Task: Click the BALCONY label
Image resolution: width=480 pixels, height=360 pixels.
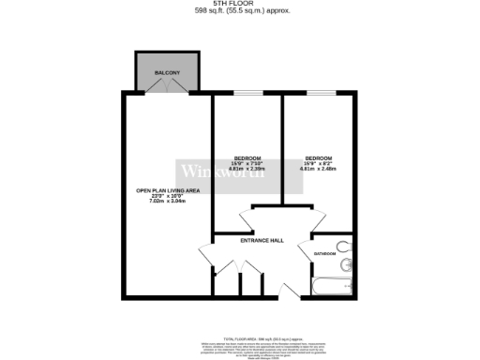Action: click(x=167, y=72)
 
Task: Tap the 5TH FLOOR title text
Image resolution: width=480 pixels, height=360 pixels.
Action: click(x=239, y=4)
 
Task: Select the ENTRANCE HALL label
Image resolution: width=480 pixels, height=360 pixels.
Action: click(x=262, y=241)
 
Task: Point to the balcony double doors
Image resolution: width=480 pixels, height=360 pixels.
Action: click(x=167, y=86)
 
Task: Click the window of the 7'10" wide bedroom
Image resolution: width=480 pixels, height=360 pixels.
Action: click(x=247, y=92)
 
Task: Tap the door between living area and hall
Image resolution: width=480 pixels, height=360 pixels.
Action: click(x=208, y=256)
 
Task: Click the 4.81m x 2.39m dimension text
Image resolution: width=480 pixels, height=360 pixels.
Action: click(x=247, y=169)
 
